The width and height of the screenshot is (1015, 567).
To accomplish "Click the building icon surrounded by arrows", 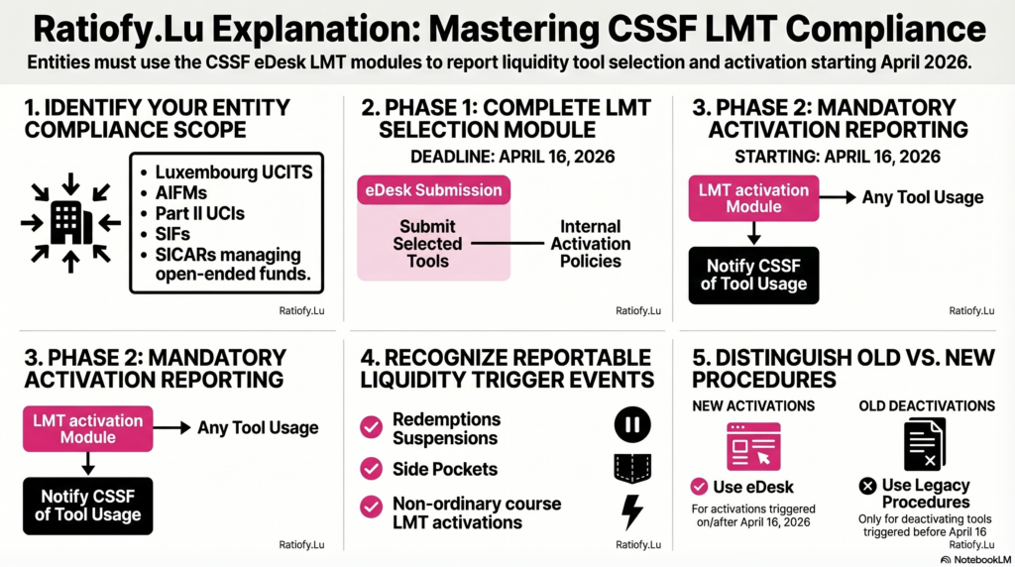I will pyautogui.click(x=70, y=223).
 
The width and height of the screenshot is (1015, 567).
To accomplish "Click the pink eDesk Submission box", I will pyautogui.click(x=433, y=190).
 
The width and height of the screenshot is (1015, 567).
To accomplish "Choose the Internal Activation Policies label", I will pyautogui.click(x=590, y=244).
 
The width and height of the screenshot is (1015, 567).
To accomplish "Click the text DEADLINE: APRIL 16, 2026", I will pyautogui.click(x=512, y=156).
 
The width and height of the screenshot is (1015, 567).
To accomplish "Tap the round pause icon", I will pyautogui.click(x=631, y=426).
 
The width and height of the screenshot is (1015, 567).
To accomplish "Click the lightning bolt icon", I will pyautogui.click(x=631, y=511).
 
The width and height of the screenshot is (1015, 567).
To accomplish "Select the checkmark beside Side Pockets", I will pyautogui.click(x=371, y=469).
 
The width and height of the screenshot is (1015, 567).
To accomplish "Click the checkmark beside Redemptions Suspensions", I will pyautogui.click(x=371, y=427).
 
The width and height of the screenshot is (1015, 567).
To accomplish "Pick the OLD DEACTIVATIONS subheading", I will pyautogui.click(x=925, y=405).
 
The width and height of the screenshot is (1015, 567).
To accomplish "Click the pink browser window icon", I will pyautogui.click(x=752, y=445).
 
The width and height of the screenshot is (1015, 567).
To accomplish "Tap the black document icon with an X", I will pyautogui.click(x=924, y=444).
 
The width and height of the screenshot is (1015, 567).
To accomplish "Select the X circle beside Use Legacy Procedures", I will pyautogui.click(x=867, y=486).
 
